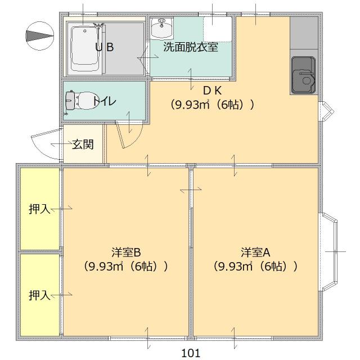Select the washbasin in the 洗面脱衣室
pyautogui.click(x=162, y=26)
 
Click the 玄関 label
pyautogui.click(x=83, y=145)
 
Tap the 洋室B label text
pyautogui.click(x=125, y=251)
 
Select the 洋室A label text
pyautogui.click(x=256, y=251)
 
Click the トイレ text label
pyautogui.click(x=105, y=101)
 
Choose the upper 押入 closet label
pyautogui.click(x=39, y=209)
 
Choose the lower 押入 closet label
pyautogui.click(x=39, y=294)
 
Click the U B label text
pyautogui.click(x=104, y=47)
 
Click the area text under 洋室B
pyautogui.click(x=125, y=266)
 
